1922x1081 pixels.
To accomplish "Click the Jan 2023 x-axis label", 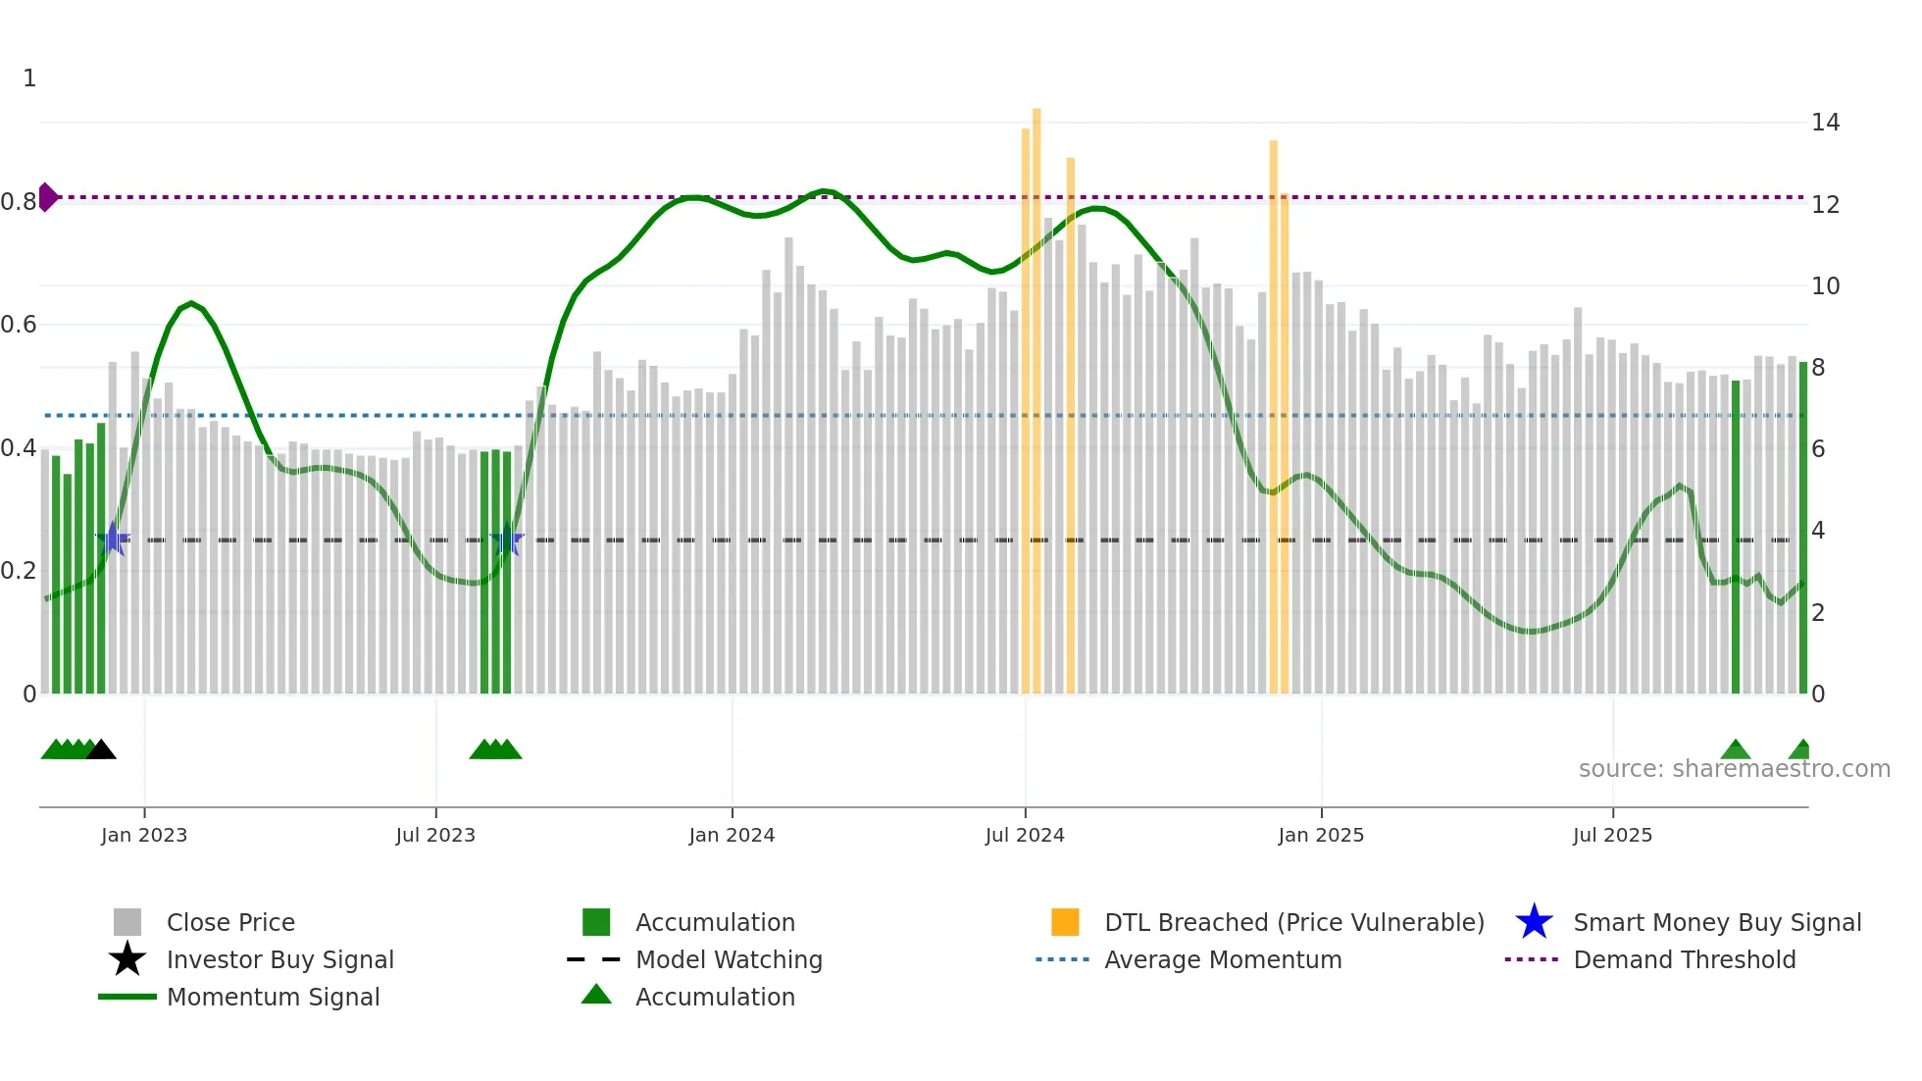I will pyautogui.click(x=144, y=836).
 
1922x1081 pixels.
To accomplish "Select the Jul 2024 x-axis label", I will pyautogui.click(x=1025, y=836).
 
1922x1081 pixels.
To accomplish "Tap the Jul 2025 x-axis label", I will pyautogui.click(x=1612, y=836).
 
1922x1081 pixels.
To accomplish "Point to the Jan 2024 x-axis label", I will pyautogui.click(x=732, y=836).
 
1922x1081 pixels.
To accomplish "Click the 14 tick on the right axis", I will pyautogui.click(x=1825, y=123).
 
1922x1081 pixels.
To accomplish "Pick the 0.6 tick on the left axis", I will pyautogui.click(x=19, y=325).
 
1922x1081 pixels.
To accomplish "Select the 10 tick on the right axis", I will pyautogui.click(x=1825, y=286).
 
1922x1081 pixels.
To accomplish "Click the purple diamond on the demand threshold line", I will pyautogui.click(x=47, y=197).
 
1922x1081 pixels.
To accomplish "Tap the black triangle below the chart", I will pyautogui.click(x=101, y=749).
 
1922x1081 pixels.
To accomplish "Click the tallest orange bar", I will pyautogui.click(x=1037, y=392).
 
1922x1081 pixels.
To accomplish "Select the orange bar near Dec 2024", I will pyautogui.click(x=1274, y=412).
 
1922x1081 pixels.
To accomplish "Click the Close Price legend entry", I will pyautogui.click(x=230, y=923).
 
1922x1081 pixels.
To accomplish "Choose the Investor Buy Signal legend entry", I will pyautogui.click(x=279, y=960).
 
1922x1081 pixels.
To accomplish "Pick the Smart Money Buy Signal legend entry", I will pyautogui.click(x=1716, y=923).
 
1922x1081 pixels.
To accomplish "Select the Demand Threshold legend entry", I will pyautogui.click(x=1684, y=960).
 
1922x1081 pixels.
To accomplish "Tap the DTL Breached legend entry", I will pyautogui.click(x=1293, y=923).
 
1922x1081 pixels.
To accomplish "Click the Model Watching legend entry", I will pyautogui.click(x=729, y=960).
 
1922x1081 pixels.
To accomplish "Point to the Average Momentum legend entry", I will pyautogui.click(x=1222, y=960).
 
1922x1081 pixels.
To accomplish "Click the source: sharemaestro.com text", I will pyautogui.click(x=1734, y=769).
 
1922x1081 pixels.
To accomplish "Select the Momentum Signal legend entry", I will pyautogui.click(x=273, y=998).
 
